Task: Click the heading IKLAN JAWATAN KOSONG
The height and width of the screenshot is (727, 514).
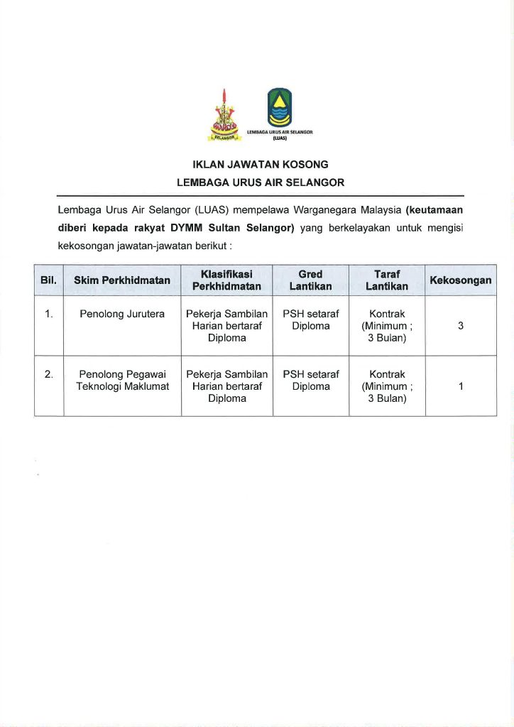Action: [x=260, y=164]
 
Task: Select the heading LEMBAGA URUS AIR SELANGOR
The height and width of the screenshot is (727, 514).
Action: [x=260, y=182]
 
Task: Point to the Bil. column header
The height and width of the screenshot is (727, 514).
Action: [x=48, y=280]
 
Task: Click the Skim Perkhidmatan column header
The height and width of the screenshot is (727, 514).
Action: [x=122, y=280]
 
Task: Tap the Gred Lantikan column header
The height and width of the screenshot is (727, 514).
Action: [x=310, y=280]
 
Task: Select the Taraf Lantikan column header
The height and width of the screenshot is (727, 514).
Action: [x=386, y=280]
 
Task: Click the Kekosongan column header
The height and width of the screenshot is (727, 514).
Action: [x=460, y=280]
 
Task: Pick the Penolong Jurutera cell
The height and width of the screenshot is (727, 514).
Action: [x=122, y=314]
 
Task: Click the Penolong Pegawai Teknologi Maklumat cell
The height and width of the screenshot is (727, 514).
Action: [x=122, y=380]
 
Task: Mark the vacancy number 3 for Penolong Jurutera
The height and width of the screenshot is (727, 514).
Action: [x=461, y=326]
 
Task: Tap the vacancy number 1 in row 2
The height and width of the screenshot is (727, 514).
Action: [x=461, y=386]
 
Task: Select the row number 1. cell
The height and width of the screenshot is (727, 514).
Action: [x=48, y=314]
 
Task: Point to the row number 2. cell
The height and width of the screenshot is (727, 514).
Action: [x=48, y=374]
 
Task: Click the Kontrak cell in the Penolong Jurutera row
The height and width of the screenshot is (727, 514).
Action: [x=387, y=325]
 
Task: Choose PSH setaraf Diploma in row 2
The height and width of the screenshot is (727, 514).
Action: [x=310, y=380]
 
